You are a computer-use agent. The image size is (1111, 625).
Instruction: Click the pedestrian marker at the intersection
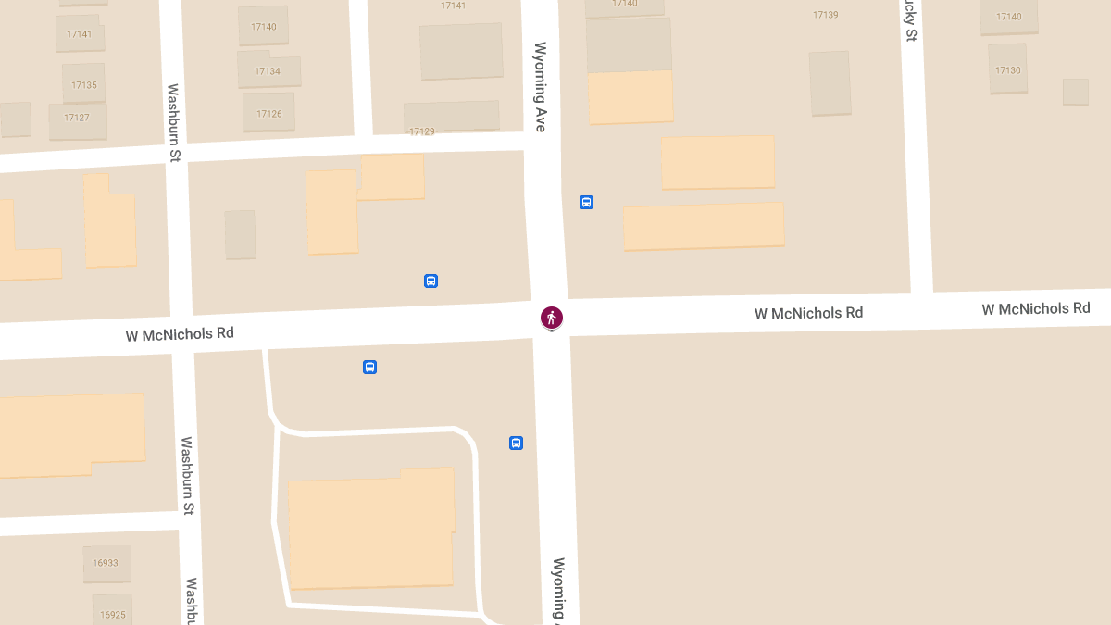tap(552, 319)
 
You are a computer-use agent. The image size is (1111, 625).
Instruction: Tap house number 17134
tap(268, 71)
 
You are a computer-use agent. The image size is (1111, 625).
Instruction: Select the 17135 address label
tap(84, 85)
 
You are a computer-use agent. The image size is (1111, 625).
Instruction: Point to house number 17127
tap(77, 118)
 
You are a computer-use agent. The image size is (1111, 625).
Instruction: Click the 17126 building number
tap(268, 114)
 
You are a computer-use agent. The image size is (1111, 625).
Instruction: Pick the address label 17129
tap(422, 132)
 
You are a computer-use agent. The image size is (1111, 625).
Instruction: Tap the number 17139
tap(825, 15)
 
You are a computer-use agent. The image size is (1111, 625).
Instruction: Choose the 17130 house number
tap(1008, 70)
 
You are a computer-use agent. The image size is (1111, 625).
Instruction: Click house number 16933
tap(106, 562)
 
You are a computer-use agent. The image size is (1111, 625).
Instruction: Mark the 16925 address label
tap(112, 615)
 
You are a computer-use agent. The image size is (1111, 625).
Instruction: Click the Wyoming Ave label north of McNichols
tap(541, 87)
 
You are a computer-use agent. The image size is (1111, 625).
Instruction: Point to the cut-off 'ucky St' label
tap(910, 20)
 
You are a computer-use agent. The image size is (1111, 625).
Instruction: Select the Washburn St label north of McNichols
tap(173, 123)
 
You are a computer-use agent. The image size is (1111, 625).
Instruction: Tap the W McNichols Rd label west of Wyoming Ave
tap(180, 333)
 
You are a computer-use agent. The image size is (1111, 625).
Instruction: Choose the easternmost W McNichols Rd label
tap(1036, 308)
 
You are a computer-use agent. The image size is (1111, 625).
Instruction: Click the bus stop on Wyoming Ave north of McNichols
tap(586, 202)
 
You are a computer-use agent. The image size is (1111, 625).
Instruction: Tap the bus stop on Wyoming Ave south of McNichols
tap(516, 443)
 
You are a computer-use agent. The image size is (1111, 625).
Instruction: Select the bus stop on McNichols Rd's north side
tap(431, 281)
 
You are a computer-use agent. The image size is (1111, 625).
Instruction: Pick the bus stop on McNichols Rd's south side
tap(369, 367)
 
